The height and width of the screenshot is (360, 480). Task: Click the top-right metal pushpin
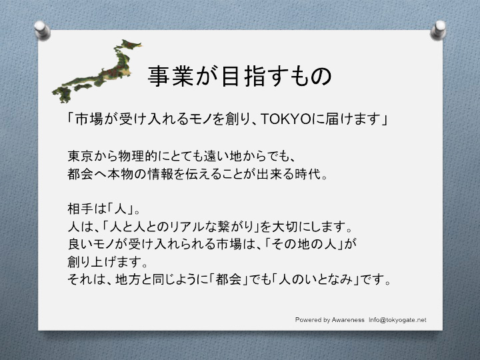[439, 28]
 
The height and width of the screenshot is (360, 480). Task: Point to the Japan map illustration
[100, 70]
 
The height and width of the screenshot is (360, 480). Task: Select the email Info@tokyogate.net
[397, 320]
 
